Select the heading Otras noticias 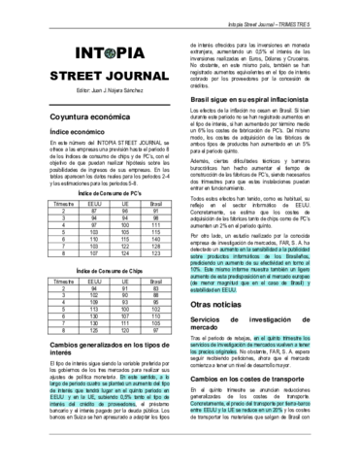232,329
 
